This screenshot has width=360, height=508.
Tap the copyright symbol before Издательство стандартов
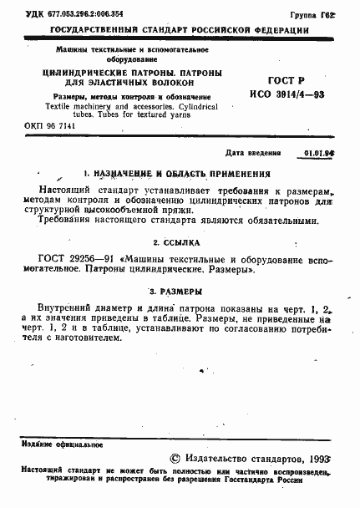[174, 459]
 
